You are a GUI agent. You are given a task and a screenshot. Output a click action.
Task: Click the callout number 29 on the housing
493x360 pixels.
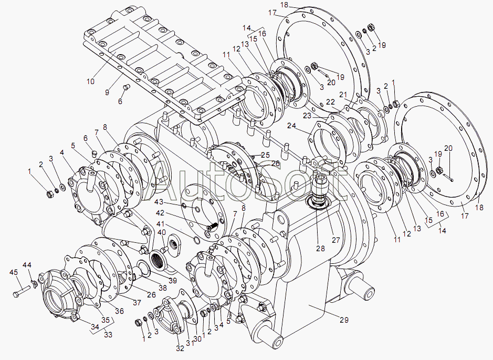[x=344, y=320]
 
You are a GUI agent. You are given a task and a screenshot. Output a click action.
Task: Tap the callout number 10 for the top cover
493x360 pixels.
[x=90, y=81]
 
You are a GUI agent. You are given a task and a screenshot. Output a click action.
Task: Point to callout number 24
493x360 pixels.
[x=291, y=126]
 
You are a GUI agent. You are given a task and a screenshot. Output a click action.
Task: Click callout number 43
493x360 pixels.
[x=159, y=201]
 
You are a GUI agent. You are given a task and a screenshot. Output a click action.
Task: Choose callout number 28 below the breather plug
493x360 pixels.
[x=320, y=249]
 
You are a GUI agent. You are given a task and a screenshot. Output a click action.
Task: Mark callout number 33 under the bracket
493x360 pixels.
[x=108, y=335]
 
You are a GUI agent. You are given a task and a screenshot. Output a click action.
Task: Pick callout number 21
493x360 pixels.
[x=343, y=95]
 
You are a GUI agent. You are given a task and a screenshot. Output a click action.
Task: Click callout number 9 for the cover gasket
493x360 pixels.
[x=107, y=92]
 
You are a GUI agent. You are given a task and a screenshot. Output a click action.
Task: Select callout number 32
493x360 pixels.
[x=180, y=348]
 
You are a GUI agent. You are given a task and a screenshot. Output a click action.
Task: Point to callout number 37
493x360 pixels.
[x=137, y=303]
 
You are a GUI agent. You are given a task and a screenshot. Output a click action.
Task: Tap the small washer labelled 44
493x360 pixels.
[x=35, y=284]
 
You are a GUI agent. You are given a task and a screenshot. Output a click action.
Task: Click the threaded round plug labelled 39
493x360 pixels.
[x=160, y=260]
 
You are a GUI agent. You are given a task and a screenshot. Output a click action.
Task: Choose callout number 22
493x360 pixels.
[x=330, y=102]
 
